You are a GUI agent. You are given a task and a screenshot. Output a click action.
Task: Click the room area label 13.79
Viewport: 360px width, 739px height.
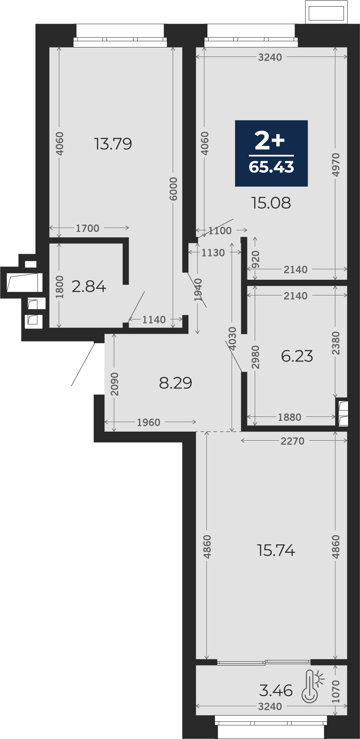pos(113,144)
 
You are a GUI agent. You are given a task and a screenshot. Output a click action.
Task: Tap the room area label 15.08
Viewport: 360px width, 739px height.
pos(271,203)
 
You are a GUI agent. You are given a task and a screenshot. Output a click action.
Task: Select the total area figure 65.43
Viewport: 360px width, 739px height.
pos(271,167)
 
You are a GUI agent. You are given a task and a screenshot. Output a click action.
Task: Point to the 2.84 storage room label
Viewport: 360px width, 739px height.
pos(89,286)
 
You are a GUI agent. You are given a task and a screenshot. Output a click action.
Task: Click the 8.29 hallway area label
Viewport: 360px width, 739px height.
pos(176,383)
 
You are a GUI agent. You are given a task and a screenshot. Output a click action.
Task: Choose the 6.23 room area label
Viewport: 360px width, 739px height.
pos(297,356)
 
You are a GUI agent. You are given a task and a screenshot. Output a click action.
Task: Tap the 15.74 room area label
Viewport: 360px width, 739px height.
pos(276,550)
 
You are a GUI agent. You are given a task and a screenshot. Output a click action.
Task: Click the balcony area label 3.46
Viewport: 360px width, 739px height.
pos(276,690)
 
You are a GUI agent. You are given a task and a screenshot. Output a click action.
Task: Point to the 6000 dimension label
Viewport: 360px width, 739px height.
pos(174,189)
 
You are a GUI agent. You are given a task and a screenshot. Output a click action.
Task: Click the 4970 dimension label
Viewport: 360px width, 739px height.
pos(336,165)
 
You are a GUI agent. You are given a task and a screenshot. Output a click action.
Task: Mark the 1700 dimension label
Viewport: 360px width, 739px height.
pos(87,228)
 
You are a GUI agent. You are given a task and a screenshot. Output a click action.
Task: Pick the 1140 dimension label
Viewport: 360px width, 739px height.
pos(154,319)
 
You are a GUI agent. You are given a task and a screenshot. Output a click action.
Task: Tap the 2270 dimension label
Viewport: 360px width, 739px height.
pos(292,441)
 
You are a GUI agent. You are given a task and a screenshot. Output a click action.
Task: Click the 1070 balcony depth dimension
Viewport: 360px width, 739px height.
pos(336,692)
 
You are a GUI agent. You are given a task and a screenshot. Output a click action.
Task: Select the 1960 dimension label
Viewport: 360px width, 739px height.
pos(148,422)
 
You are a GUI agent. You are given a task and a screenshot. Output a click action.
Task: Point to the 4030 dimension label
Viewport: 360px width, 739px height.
pos(233,339)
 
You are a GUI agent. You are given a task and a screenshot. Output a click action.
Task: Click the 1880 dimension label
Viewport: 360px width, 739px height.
pos(289,417)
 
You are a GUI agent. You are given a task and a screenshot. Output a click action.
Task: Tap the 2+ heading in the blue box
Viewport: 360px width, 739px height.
pos(270,140)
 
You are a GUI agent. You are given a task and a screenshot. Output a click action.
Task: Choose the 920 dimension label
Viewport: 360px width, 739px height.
pos(256,259)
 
